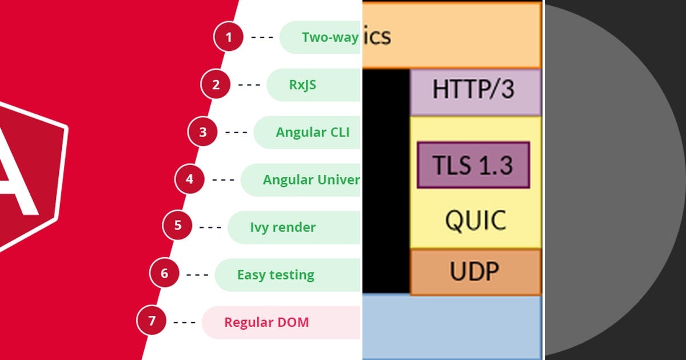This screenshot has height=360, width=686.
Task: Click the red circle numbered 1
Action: tap(229, 38)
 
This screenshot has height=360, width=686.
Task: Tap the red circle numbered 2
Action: tap(216, 85)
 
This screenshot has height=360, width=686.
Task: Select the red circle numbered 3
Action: tap(203, 133)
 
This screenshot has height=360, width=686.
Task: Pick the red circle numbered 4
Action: tap(190, 180)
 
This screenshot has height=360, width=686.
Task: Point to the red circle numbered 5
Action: tap(178, 225)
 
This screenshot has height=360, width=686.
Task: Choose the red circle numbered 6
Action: tap(165, 273)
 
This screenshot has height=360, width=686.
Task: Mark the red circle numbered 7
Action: tap(151, 321)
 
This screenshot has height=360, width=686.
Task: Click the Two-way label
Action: tap(330, 38)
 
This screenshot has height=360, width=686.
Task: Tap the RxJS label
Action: tap(302, 85)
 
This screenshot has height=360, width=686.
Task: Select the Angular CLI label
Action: tap(312, 133)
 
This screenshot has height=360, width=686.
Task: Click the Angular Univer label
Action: tap(311, 180)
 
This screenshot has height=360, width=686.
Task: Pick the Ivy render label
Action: tap(282, 227)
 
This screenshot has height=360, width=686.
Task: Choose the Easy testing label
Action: tap(276, 275)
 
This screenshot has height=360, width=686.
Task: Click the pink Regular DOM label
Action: tap(266, 322)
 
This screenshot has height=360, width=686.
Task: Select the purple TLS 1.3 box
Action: tap(473, 166)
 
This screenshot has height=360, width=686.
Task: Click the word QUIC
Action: tap(476, 220)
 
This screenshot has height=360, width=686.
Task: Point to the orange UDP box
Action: tap(474, 272)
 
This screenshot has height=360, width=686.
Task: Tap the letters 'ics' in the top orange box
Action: tap(377, 37)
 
